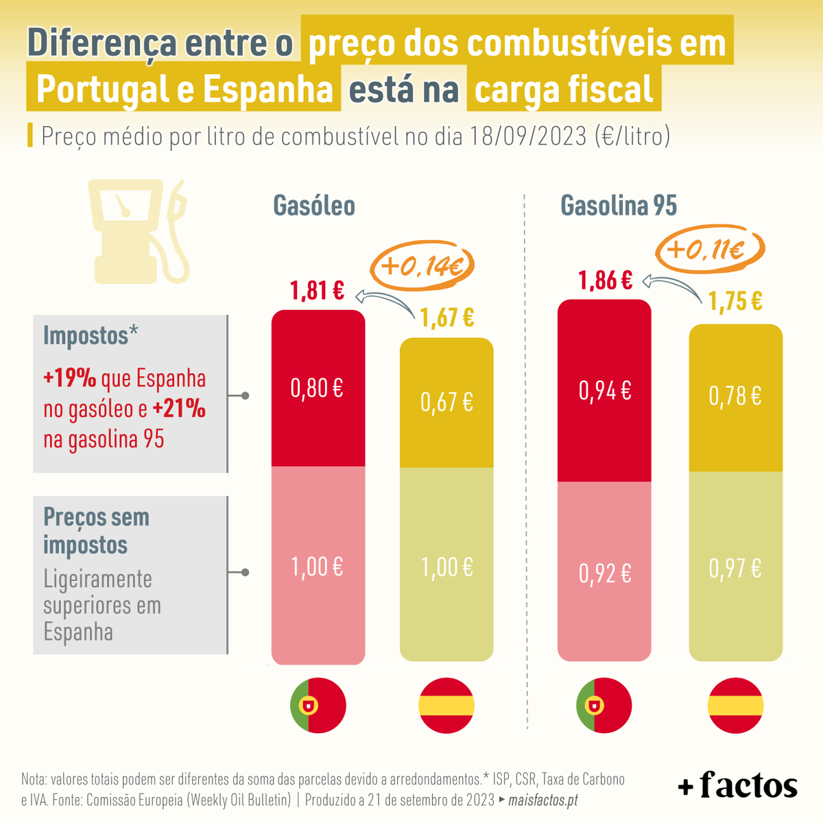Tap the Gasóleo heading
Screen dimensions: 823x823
point(314,206)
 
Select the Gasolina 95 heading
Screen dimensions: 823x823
point(619,206)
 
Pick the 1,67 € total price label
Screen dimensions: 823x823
point(446,318)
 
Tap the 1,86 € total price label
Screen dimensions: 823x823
point(605,281)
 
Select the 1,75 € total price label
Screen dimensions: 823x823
point(735,302)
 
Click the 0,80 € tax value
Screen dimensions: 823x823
point(317,389)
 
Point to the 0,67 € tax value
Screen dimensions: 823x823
point(446,402)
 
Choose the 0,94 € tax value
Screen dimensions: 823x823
point(605,391)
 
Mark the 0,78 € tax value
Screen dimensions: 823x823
point(735,396)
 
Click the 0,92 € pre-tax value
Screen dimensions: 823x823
point(605,574)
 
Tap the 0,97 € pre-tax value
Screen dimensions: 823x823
point(735,569)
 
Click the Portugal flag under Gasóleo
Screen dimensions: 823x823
point(318,705)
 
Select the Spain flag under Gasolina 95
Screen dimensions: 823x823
point(735,706)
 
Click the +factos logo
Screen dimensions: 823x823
point(738,785)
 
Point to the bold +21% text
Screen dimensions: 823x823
point(179,409)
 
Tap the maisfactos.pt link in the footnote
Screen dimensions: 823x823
point(542,800)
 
